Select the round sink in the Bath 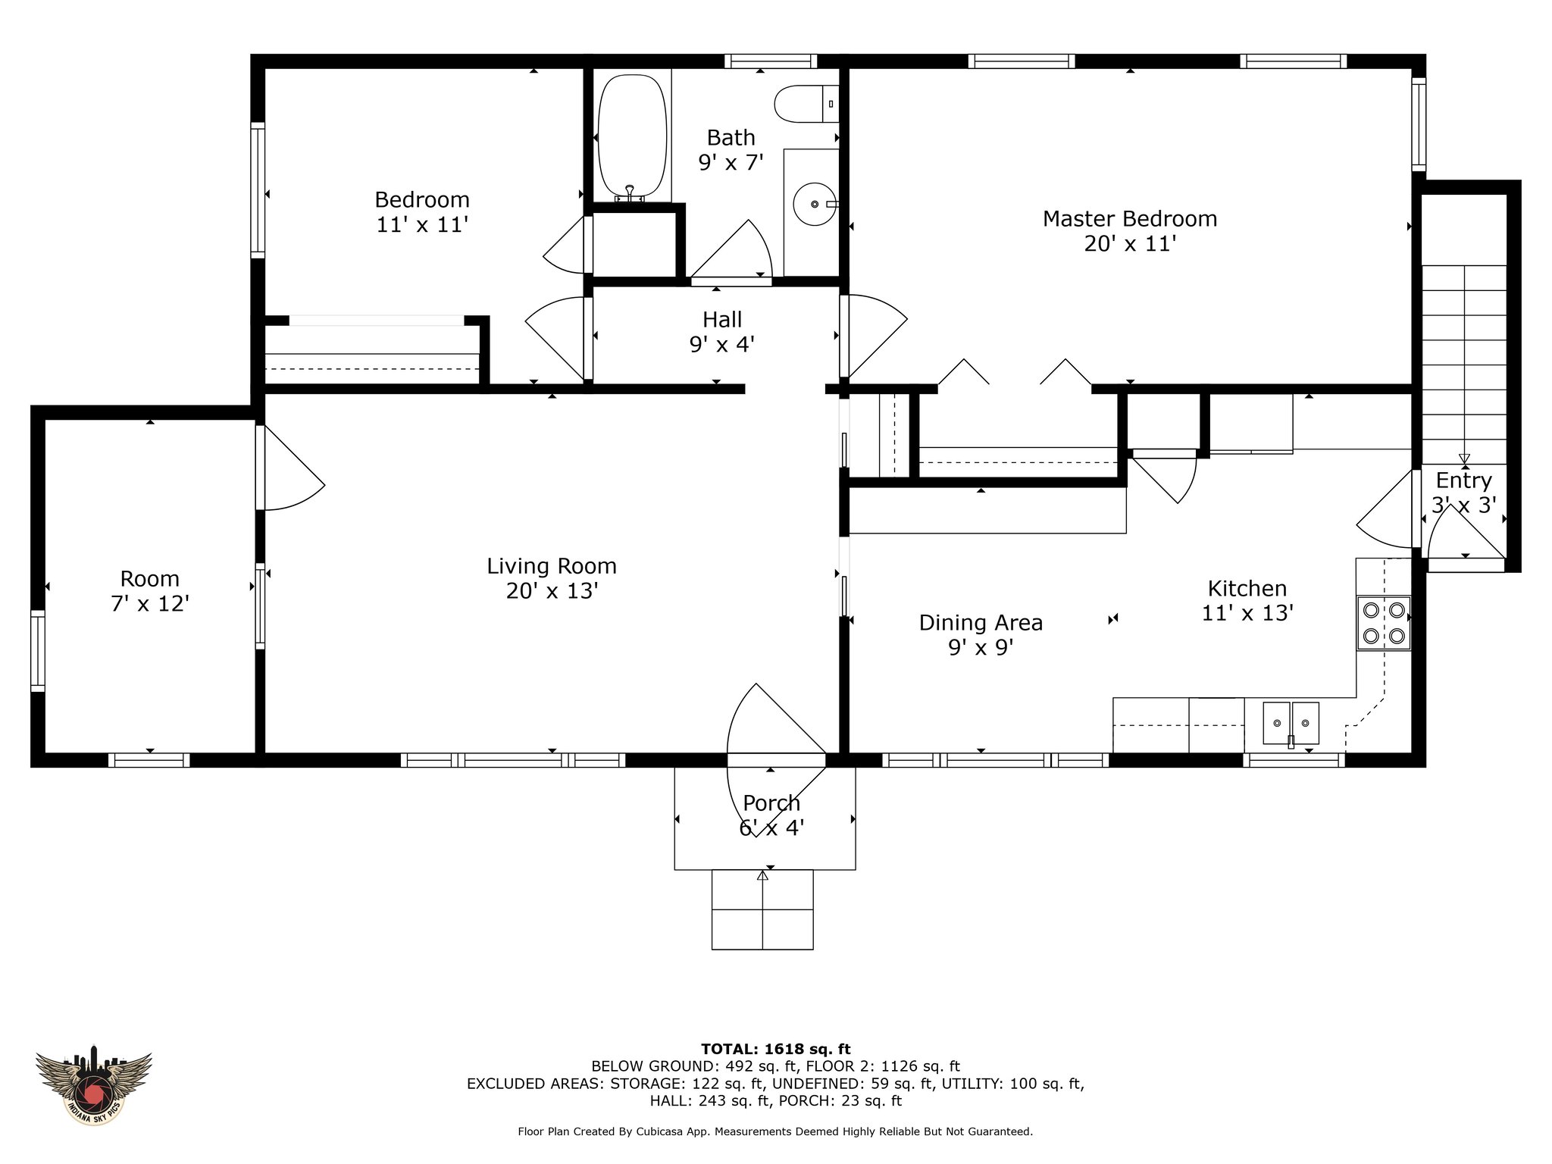(x=814, y=204)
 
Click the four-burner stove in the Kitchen (x=1384, y=623)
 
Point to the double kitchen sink (x=1291, y=722)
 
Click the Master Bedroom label (x=1130, y=219)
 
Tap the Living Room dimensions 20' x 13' (x=552, y=591)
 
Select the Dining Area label (x=981, y=623)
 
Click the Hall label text (x=722, y=319)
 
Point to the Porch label (x=771, y=803)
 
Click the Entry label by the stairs (x=1464, y=480)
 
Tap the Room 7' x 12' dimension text (x=150, y=604)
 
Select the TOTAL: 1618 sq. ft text (x=776, y=1050)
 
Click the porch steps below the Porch (x=762, y=909)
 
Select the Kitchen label (x=1247, y=589)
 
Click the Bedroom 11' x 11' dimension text (x=422, y=225)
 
